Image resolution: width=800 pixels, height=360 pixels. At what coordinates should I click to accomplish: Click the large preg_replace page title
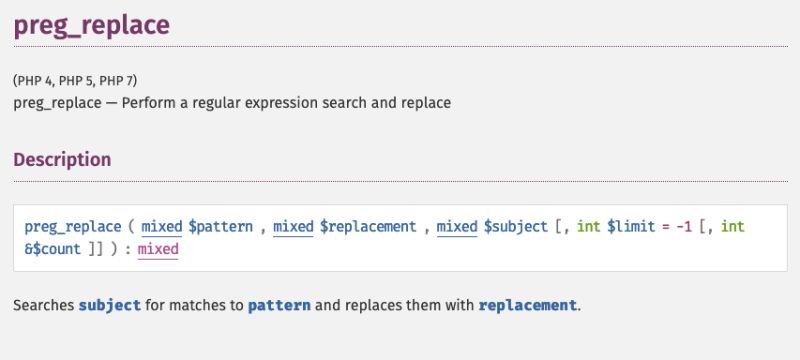click(x=91, y=25)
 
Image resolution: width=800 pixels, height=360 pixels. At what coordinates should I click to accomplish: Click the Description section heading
click(x=62, y=159)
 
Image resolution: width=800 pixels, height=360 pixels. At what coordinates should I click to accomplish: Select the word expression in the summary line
click(x=307, y=102)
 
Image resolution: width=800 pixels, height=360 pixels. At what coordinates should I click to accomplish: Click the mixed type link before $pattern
click(x=161, y=226)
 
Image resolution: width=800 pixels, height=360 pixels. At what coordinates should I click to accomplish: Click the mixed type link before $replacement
click(x=293, y=226)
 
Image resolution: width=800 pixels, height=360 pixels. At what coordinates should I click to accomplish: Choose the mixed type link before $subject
click(x=457, y=226)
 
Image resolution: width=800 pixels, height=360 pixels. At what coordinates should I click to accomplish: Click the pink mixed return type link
click(x=157, y=249)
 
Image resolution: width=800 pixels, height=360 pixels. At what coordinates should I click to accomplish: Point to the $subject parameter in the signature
click(x=516, y=226)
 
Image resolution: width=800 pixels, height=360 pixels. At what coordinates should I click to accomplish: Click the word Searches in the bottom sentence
click(x=44, y=304)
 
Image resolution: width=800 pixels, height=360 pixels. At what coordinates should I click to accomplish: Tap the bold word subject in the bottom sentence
click(x=109, y=304)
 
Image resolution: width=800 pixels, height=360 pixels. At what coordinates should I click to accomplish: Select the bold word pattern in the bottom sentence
click(x=279, y=304)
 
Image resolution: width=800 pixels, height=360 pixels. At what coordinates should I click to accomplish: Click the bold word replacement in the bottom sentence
click(x=527, y=304)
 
